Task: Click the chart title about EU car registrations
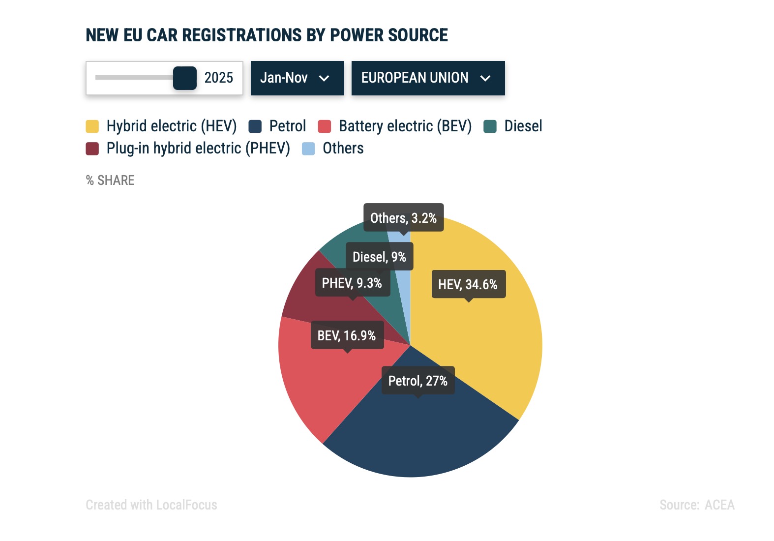pyautogui.click(x=267, y=35)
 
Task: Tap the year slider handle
pyautogui.click(x=185, y=78)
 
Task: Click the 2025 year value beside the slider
pyautogui.click(x=218, y=78)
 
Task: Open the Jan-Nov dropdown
pyautogui.click(x=297, y=78)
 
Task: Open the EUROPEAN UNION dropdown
pyautogui.click(x=428, y=78)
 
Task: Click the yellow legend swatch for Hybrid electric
pyautogui.click(x=92, y=126)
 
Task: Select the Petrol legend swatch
pyautogui.click(x=255, y=126)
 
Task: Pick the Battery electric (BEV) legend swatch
pyautogui.click(x=325, y=126)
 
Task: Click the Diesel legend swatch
pyautogui.click(x=490, y=126)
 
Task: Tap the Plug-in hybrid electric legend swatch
pyautogui.click(x=92, y=149)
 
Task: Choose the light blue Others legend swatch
pyautogui.click(x=308, y=149)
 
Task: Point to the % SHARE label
pyautogui.click(x=110, y=180)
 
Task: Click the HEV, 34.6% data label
pyautogui.click(x=468, y=284)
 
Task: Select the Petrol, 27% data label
pyautogui.click(x=418, y=381)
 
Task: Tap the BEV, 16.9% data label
pyautogui.click(x=347, y=335)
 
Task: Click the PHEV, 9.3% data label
pyautogui.click(x=352, y=283)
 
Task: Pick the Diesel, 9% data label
pyautogui.click(x=379, y=257)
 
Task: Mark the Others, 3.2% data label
pyautogui.click(x=403, y=218)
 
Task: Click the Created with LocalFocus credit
pyautogui.click(x=151, y=505)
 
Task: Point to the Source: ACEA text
pyautogui.click(x=697, y=505)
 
